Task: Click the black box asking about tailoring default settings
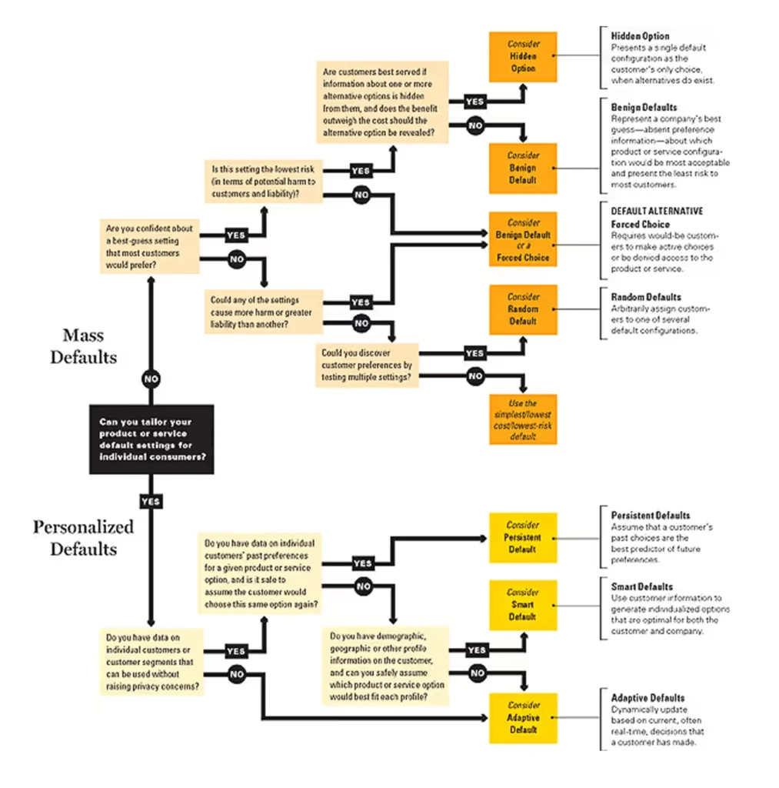(x=151, y=439)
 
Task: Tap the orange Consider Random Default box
(x=523, y=309)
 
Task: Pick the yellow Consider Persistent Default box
(x=523, y=537)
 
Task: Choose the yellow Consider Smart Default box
(x=523, y=605)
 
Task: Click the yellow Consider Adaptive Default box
(x=523, y=717)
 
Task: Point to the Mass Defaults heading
(x=84, y=346)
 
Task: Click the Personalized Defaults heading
(x=84, y=538)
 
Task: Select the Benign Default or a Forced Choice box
(x=523, y=239)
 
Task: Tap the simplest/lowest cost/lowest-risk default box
(x=523, y=419)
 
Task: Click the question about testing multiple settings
(x=368, y=365)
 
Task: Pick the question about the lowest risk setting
(x=264, y=182)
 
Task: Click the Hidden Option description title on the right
(x=640, y=36)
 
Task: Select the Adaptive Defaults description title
(x=648, y=698)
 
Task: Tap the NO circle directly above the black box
(x=151, y=378)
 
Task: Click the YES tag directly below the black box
(x=151, y=501)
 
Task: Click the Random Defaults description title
(x=645, y=297)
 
